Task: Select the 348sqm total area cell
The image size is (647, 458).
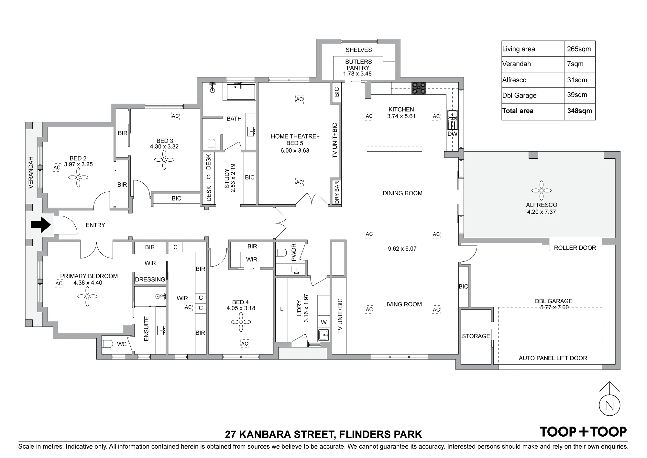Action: pos(579,111)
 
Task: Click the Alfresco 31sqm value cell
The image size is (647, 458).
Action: pos(579,80)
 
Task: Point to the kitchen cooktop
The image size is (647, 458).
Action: pos(419,88)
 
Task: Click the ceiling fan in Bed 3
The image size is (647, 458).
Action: pos(164,160)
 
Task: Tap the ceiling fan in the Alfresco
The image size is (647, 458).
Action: pos(541,191)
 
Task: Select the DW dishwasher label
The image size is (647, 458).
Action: pos(453,134)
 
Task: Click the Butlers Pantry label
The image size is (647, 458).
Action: pos(358,64)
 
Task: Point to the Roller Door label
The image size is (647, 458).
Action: pos(575,248)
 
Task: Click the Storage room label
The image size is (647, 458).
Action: pos(476,336)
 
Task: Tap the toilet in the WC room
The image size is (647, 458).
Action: pos(107,343)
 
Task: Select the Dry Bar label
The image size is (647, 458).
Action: pos(337,192)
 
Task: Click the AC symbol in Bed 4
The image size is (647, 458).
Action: pos(245,344)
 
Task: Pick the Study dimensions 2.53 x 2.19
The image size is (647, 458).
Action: pos(233,178)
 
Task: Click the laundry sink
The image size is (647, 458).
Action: pos(323,335)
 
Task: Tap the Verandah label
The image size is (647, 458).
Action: pos(31,172)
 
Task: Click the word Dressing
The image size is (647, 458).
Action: pos(150,279)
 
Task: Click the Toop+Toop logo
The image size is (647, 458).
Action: pos(583,432)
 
